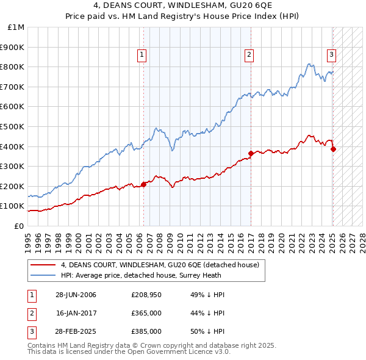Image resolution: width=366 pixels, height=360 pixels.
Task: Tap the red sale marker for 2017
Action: pyautogui.click(x=251, y=153)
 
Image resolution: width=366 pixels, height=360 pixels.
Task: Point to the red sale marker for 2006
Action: pyautogui.click(x=144, y=184)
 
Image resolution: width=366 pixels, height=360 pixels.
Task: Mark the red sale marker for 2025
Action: pyautogui.click(x=333, y=149)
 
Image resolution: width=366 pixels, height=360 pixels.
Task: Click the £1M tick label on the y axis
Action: pyautogui.click(x=16, y=27)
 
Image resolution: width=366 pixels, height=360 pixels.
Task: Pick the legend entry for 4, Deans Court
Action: pyautogui.click(x=160, y=265)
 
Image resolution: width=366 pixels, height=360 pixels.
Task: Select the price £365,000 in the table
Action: pyautogui.click(x=146, y=313)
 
